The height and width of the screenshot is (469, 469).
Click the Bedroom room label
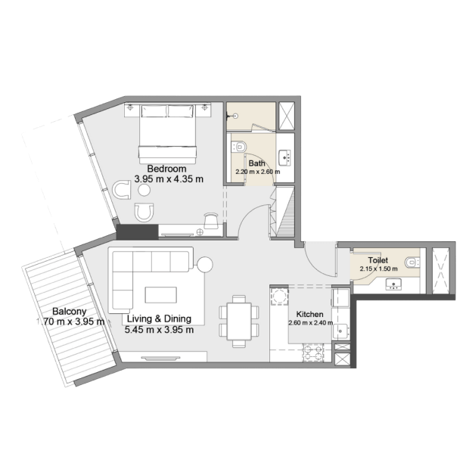(166, 169)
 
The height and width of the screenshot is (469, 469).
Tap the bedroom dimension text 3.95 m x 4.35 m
(169, 179)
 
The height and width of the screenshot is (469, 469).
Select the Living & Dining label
(159, 319)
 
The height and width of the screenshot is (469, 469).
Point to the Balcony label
(69, 312)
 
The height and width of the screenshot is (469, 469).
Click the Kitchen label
(309, 315)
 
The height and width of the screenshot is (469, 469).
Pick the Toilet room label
(378, 260)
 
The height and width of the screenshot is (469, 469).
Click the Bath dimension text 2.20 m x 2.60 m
(258, 172)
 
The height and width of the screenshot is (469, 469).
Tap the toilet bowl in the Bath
(239, 147)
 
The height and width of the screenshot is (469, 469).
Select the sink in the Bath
(284, 157)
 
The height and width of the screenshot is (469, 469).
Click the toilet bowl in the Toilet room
(412, 263)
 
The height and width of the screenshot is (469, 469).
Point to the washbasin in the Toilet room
(393, 284)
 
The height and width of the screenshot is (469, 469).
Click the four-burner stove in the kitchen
(313, 353)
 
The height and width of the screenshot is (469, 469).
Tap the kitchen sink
(340, 331)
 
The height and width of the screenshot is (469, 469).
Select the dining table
(239, 321)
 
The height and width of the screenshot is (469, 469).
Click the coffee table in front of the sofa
(161, 295)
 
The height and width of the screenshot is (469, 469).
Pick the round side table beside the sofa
(204, 265)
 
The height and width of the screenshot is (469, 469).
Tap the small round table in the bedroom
(144, 190)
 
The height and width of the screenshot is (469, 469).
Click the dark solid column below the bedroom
(137, 232)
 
